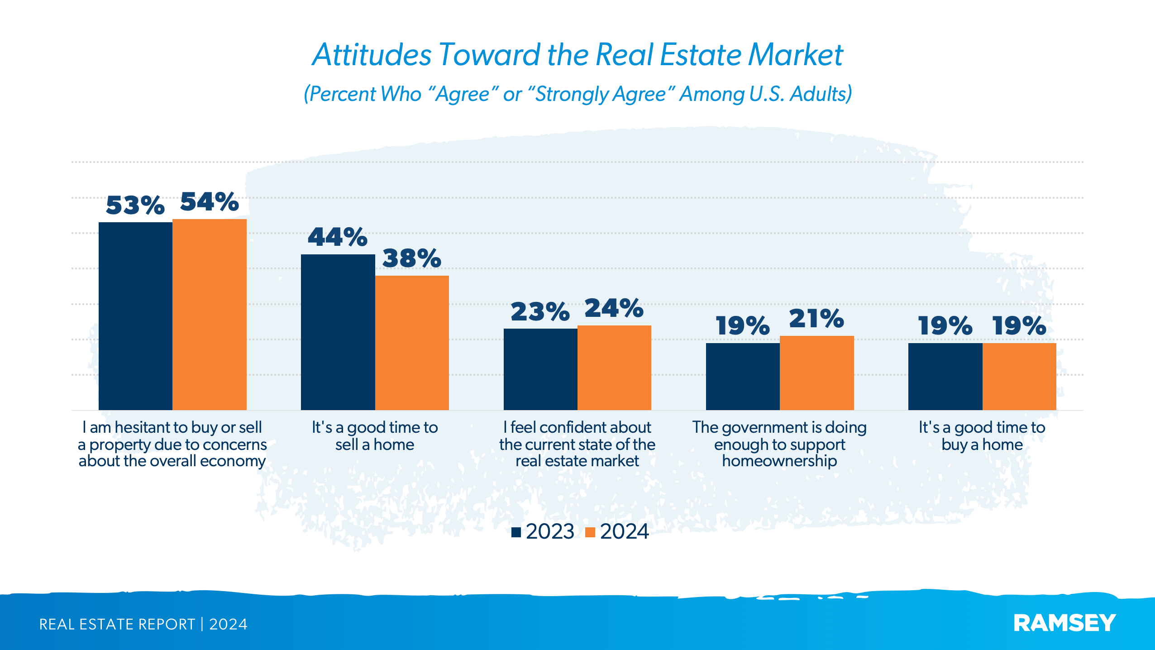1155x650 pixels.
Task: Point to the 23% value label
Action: pos(540,312)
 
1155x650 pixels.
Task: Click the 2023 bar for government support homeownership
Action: pos(742,376)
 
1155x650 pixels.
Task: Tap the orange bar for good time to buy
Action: pos(1019,376)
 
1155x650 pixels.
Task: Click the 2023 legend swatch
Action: pos(516,532)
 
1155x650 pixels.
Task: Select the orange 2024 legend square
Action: pos(590,532)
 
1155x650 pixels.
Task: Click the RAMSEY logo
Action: pos(1064,623)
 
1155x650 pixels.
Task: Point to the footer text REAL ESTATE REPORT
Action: pos(117,624)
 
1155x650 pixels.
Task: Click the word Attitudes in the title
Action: pos(372,55)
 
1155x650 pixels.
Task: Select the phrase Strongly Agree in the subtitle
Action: pos(601,94)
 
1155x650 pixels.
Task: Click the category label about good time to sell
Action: pos(375,435)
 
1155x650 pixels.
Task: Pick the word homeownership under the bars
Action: pos(779,461)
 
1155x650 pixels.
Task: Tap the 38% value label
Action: pos(411,258)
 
